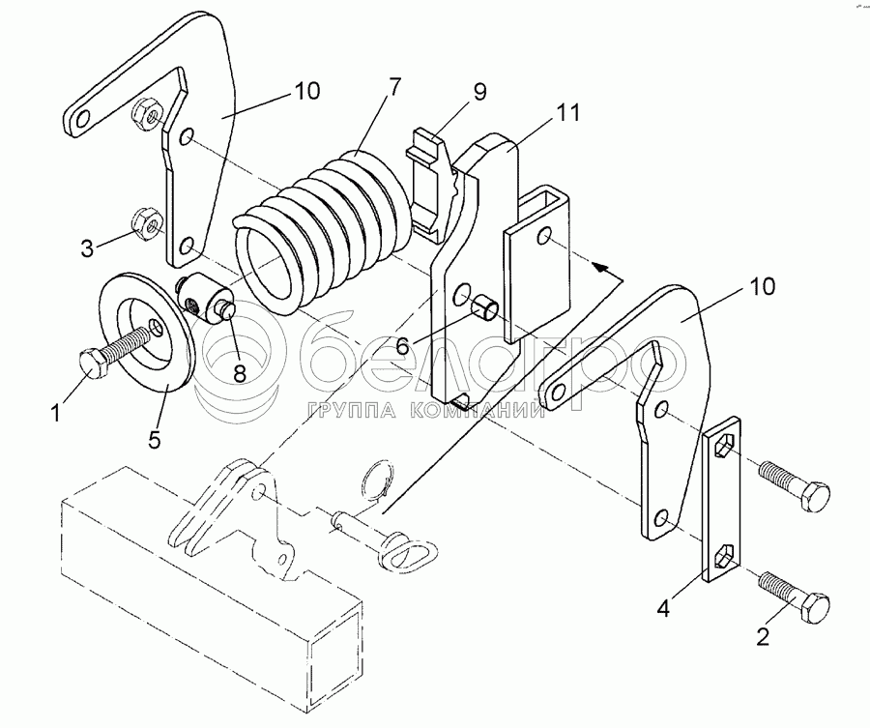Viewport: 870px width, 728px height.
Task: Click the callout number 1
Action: point(55,413)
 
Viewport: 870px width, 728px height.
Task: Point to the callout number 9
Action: point(479,91)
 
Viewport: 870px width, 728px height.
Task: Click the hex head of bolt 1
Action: point(93,364)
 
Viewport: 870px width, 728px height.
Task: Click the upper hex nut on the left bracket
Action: point(148,114)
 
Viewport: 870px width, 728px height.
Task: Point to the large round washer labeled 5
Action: point(146,332)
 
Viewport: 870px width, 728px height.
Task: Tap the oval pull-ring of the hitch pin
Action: point(411,550)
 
